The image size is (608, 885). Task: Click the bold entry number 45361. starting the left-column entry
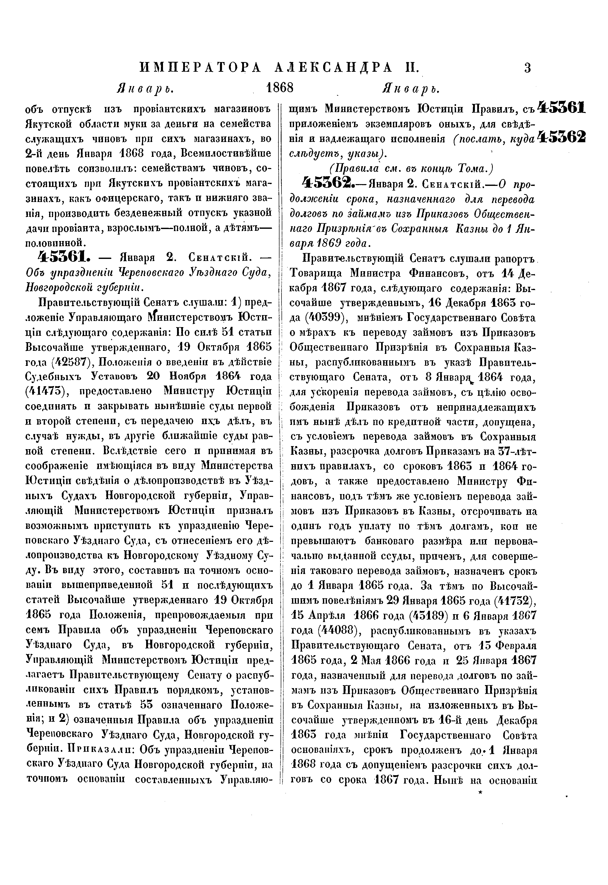64,258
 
